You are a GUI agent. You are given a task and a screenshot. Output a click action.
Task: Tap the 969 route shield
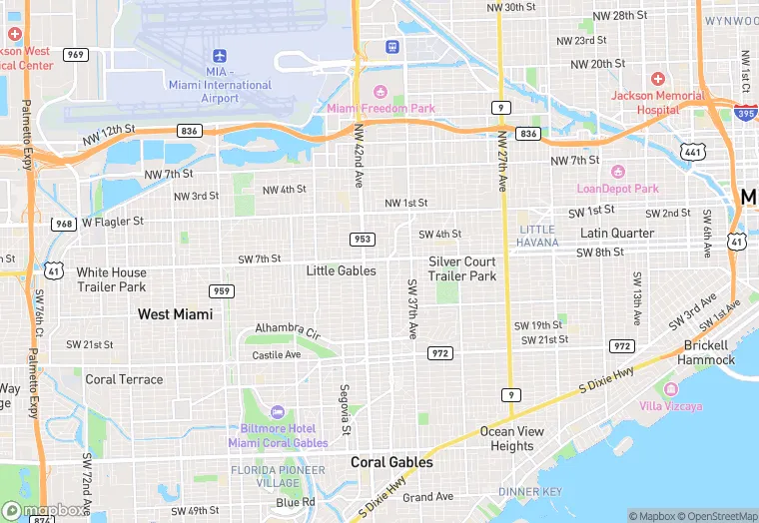tap(75, 54)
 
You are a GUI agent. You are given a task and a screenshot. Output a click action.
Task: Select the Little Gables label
tap(342, 270)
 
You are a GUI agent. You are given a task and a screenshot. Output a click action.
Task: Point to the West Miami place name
tap(175, 314)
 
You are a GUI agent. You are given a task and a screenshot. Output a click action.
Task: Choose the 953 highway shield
tap(362, 239)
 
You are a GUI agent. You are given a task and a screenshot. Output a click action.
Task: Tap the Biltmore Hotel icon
tap(277, 412)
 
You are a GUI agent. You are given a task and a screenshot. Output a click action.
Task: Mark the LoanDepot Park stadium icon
tap(617, 172)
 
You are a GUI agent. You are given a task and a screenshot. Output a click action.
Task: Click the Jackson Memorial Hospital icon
tap(657, 79)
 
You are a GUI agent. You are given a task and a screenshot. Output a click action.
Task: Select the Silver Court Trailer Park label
tap(462, 268)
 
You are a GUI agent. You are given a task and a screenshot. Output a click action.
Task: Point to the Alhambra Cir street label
tap(287, 329)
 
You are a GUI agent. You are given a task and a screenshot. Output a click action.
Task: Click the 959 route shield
tap(222, 290)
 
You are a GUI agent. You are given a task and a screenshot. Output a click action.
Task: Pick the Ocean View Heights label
tap(512, 439)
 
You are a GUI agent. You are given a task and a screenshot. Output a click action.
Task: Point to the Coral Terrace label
tap(124, 379)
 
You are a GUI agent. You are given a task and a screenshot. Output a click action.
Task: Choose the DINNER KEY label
tap(531, 492)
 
